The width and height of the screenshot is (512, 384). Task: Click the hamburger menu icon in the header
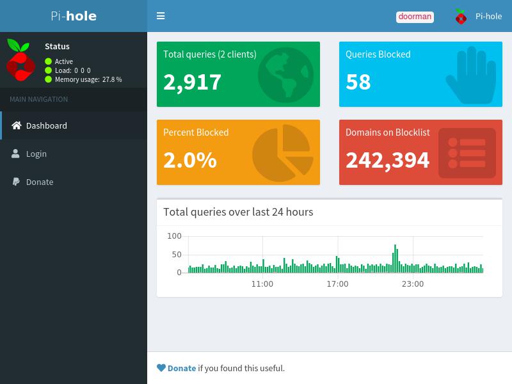[161, 15]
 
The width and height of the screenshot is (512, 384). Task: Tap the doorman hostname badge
[415, 17]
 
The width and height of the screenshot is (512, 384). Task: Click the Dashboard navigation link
[46, 125]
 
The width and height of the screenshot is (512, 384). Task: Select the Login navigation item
[36, 154]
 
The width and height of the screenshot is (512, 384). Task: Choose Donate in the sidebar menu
[40, 182]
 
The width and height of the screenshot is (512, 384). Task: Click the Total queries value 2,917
[193, 82]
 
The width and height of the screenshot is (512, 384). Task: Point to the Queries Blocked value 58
[358, 82]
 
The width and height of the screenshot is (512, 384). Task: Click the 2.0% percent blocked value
[190, 160]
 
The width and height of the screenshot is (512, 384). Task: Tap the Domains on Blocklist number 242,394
[388, 161]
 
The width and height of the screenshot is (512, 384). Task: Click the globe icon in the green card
[285, 75]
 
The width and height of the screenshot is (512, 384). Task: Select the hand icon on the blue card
[471, 75]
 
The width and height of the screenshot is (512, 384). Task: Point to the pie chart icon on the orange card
[283, 153]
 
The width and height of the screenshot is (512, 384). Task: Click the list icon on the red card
[467, 153]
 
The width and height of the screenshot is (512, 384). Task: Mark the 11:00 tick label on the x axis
[262, 284]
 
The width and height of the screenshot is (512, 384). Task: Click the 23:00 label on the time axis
[413, 284]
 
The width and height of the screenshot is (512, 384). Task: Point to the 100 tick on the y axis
[174, 236]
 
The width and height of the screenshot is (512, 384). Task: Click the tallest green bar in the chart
[395, 259]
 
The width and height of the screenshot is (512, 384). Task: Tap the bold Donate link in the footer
[182, 369]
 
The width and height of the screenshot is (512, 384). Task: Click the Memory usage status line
[88, 79]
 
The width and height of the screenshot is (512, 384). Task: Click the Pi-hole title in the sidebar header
[74, 16]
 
